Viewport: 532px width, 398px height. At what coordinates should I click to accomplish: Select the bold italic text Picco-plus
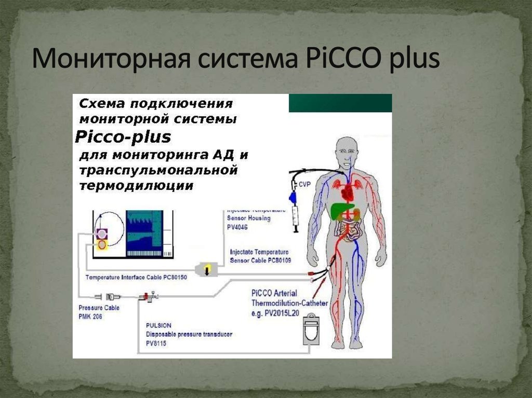pyautogui.click(x=123, y=137)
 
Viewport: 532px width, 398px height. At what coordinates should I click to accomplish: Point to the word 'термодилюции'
pyautogui.click(x=136, y=185)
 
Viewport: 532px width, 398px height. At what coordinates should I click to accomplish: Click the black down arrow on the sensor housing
pyautogui.click(x=206, y=270)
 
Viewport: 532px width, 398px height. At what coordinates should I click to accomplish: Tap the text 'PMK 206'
pyautogui.click(x=89, y=315)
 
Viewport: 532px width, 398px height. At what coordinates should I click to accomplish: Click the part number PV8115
pyautogui.click(x=156, y=343)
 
